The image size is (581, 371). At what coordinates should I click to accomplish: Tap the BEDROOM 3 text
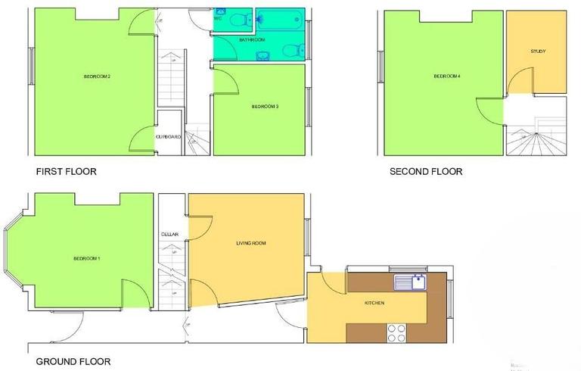266,107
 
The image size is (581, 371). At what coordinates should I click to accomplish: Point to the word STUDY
538,51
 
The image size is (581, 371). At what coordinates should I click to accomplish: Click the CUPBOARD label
168,136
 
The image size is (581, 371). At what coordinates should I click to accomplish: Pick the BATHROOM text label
251,39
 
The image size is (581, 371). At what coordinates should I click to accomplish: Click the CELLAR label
169,235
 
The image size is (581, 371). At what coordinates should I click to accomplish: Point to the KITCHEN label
374,303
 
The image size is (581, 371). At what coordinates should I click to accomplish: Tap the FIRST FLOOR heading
67,171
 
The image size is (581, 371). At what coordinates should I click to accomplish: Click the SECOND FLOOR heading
426,171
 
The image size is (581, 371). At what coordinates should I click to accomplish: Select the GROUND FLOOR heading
73,362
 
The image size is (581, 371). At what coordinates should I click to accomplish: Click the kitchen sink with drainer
411,283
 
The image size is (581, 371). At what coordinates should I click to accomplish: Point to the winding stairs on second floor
536,139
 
